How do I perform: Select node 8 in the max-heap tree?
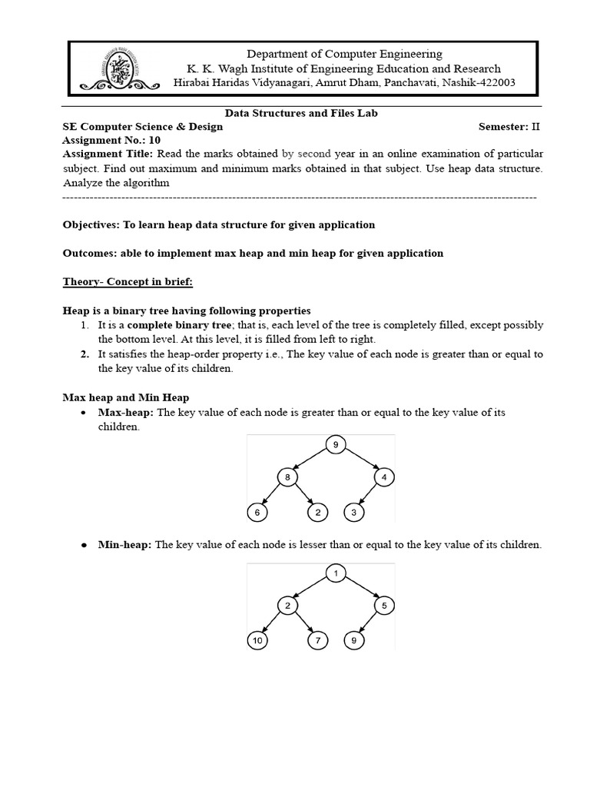pos(287,478)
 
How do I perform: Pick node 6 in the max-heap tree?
pos(257,513)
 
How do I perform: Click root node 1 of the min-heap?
pos(335,573)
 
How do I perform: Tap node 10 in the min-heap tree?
pos(257,640)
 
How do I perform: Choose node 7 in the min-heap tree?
pos(317,640)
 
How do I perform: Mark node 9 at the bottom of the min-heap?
pos(353,640)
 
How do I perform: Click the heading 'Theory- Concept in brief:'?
pos(128,282)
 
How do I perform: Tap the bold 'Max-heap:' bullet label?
pos(126,413)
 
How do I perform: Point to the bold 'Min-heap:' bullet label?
pos(125,545)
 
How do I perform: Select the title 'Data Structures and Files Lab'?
pos(301,113)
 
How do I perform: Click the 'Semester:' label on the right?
pos(504,127)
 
